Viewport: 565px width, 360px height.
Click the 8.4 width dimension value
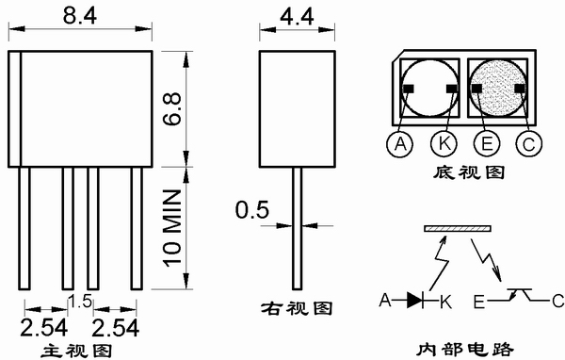click(x=80, y=15)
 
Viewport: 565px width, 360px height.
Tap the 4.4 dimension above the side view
click(x=297, y=17)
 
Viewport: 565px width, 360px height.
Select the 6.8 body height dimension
click(x=172, y=109)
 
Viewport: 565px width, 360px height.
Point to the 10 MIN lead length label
click(x=172, y=229)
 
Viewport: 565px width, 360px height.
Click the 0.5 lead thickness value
click(x=252, y=209)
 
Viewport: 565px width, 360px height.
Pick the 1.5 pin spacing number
click(x=80, y=302)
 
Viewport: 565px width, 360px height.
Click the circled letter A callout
click(x=399, y=144)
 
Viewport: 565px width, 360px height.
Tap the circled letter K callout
click(x=444, y=143)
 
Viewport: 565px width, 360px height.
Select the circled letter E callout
click(x=487, y=143)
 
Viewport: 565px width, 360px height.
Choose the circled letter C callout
click(x=528, y=144)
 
